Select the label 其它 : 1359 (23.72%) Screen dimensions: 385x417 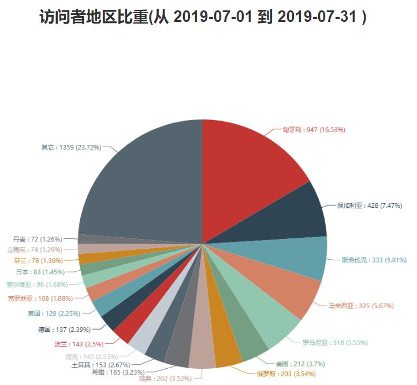pos(71,147)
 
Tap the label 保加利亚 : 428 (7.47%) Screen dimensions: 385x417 pos(370,205)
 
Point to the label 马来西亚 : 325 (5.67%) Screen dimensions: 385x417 pos(361,305)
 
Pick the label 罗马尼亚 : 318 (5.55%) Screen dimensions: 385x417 pos(335,342)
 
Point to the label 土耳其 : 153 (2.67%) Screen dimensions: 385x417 pos(100,365)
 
